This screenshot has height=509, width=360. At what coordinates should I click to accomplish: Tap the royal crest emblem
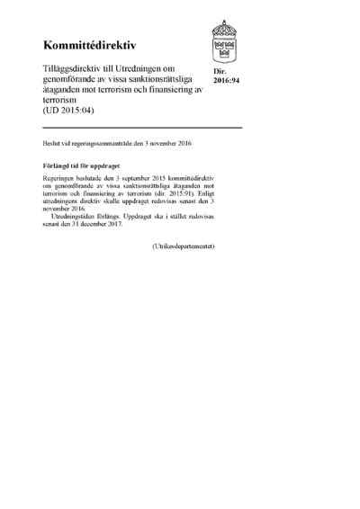[224, 40]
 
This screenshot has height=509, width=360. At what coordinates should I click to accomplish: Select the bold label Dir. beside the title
[219, 69]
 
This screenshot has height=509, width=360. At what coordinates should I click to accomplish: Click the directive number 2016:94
[226, 78]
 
